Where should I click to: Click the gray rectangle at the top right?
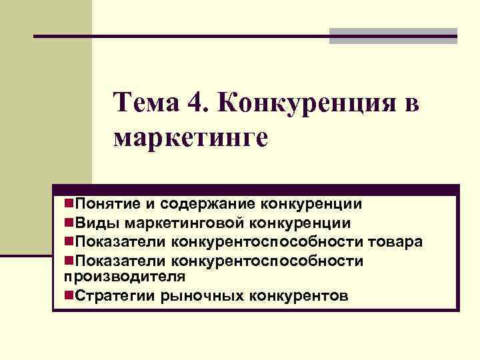coord(393,36)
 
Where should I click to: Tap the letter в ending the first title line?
coord(411,104)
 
